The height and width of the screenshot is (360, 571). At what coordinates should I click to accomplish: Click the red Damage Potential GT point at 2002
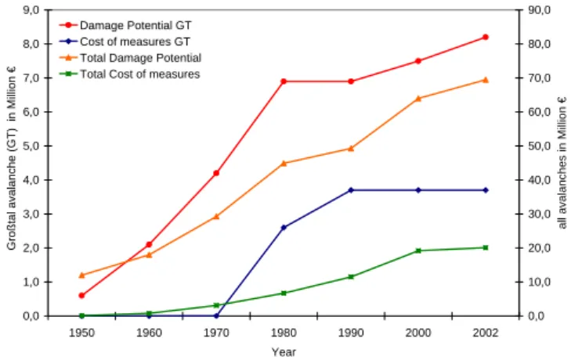click(x=485, y=37)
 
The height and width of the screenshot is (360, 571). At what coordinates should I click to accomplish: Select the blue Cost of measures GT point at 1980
click(x=284, y=228)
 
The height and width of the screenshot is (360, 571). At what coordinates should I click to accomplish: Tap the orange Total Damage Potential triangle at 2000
click(x=418, y=99)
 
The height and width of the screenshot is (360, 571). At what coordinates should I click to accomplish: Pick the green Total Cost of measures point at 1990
click(x=351, y=276)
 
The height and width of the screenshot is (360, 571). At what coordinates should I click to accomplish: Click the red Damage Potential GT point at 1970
click(x=216, y=173)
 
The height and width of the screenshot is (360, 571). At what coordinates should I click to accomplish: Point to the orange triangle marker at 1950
click(x=81, y=275)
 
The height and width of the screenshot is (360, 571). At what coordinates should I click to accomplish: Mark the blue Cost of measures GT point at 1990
click(x=351, y=190)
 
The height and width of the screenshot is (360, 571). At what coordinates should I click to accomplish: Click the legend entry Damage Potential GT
click(x=136, y=26)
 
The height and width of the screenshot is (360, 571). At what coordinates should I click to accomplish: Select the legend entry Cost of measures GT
click(x=135, y=41)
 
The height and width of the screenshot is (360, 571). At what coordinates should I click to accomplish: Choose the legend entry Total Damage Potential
click(x=140, y=58)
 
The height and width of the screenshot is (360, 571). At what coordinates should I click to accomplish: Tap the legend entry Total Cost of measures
click(x=140, y=74)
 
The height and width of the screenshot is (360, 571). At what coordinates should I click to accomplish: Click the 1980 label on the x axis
click(x=284, y=333)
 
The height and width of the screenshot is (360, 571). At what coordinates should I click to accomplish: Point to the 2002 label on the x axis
click(x=485, y=333)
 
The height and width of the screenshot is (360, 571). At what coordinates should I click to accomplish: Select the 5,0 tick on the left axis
click(x=31, y=146)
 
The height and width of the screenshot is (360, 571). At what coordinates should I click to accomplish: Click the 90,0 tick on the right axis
click(x=539, y=10)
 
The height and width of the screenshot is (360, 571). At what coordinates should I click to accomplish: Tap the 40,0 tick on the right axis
click(x=539, y=180)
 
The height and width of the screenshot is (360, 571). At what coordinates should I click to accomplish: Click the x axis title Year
click(x=284, y=352)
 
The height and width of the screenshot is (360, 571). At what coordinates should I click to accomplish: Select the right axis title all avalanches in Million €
click(x=562, y=162)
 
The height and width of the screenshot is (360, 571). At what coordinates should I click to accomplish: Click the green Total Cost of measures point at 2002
click(x=485, y=247)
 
